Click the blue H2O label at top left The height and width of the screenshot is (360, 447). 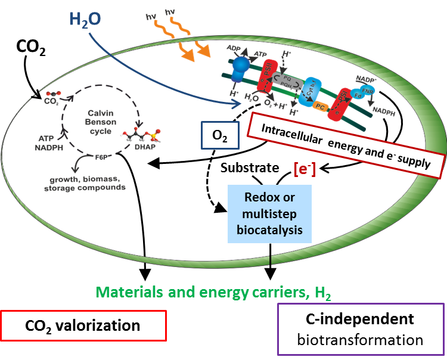click(x=85, y=20)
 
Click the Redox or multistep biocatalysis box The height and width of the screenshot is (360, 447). click(x=269, y=213)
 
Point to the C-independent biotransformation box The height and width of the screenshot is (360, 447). click(x=361, y=329)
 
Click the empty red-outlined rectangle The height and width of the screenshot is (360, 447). click(x=83, y=325)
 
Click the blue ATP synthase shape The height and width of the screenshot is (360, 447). click(x=241, y=67)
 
